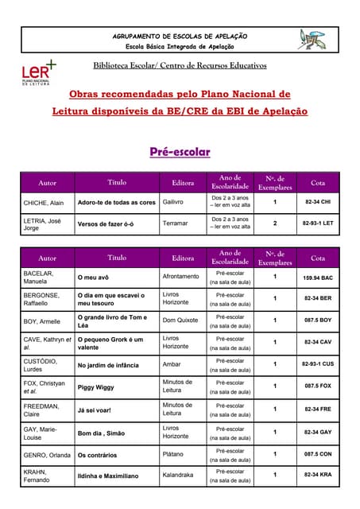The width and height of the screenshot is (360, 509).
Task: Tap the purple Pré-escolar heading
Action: pyautogui.click(x=180, y=151)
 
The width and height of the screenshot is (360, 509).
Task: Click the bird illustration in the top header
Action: pyautogui.click(x=312, y=39)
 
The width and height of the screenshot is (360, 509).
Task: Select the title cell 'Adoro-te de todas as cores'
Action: pyautogui.click(x=116, y=202)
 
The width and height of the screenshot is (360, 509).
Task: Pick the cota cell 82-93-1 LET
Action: pyautogui.click(x=318, y=223)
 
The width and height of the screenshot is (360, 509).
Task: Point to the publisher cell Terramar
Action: pyautogui.click(x=176, y=223)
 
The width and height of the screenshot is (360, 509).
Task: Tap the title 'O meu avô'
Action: pyautogui.click(x=92, y=278)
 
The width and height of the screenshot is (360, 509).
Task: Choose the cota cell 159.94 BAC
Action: pyautogui.click(x=318, y=278)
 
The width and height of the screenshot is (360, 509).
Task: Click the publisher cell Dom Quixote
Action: pyautogui.click(x=180, y=321)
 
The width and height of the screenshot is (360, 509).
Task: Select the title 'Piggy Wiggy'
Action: pyautogui.click(x=96, y=387)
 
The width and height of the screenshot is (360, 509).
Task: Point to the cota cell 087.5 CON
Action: pyautogui.click(x=318, y=454)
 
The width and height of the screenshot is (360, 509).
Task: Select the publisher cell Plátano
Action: pyautogui.click(x=174, y=455)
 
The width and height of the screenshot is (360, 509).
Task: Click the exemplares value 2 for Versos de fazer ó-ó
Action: pyautogui.click(x=275, y=223)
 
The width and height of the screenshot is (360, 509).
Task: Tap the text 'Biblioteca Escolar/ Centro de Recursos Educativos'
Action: pyautogui.click(x=180, y=65)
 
